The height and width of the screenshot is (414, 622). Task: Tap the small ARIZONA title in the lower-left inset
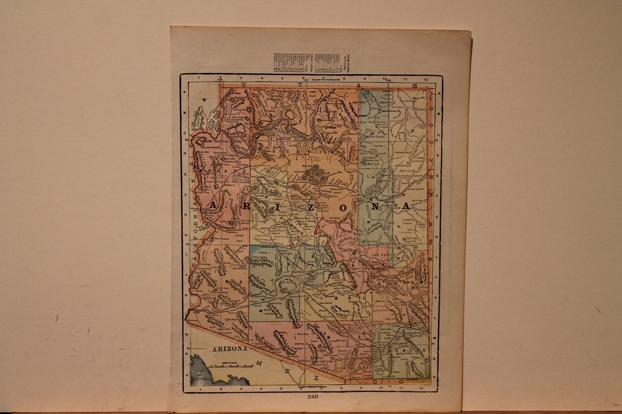point(230,349)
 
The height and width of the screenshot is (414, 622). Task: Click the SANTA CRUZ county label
point(351,367)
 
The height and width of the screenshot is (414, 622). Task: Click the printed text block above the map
point(310,63)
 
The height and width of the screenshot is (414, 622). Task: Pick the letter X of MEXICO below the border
point(316,375)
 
